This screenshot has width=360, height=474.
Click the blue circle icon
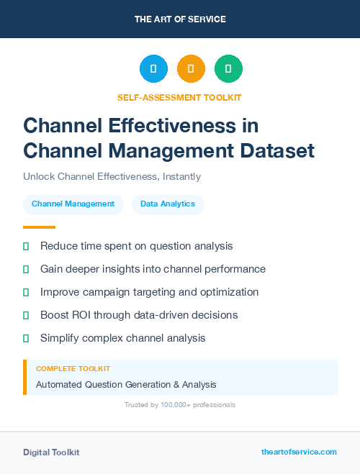(153, 69)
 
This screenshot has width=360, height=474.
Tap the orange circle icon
(191, 69)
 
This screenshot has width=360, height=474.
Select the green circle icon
(228, 69)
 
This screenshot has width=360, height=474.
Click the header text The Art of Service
(180, 19)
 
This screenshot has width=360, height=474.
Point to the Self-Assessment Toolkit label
(179, 97)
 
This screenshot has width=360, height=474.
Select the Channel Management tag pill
(73, 204)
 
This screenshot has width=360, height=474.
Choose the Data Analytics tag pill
(168, 204)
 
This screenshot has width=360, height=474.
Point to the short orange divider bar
(39, 227)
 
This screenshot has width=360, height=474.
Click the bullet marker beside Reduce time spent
(26, 246)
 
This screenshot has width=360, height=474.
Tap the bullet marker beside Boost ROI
(26, 315)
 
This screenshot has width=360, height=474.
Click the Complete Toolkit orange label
(73, 368)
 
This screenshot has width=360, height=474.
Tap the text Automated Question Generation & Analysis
(126, 384)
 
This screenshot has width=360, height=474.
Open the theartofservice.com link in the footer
(299, 452)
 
